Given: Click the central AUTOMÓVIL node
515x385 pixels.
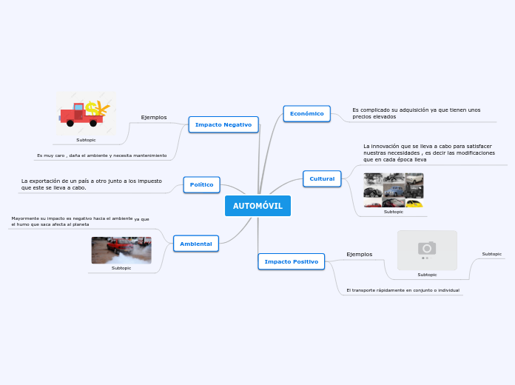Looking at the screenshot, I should click(257, 206).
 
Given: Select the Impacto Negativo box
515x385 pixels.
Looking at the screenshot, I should click(223, 124).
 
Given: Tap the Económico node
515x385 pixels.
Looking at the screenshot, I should click(306, 113).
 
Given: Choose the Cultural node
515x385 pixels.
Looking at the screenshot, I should click(322, 178).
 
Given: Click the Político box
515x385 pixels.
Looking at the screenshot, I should click(201, 184).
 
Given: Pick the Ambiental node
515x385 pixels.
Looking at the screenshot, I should click(196, 244).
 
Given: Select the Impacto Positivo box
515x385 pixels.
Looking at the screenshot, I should click(291, 261).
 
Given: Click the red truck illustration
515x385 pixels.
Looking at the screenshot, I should click(86, 113).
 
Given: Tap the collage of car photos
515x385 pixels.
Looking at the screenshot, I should click(393, 190).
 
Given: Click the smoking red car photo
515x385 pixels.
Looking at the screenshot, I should click(121, 250).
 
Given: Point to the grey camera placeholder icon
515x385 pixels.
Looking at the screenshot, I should click(427, 249).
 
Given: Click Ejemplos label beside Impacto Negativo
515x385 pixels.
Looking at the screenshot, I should click(154, 117).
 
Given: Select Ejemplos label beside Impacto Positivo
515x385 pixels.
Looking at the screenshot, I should click(360, 254).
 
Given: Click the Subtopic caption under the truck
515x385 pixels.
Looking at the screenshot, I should click(86, 140).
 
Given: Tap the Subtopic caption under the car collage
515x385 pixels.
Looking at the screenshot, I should click(394, 212).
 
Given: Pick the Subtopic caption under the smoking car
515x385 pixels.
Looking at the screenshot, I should click(121, 268).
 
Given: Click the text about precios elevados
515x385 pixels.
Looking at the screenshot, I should click(416, 113).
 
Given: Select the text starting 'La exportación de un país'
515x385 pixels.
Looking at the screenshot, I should click(92, 184).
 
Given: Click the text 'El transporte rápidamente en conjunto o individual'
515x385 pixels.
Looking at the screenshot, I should click(403, 290).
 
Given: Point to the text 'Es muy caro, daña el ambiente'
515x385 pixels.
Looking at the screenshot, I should click(101, 155).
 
